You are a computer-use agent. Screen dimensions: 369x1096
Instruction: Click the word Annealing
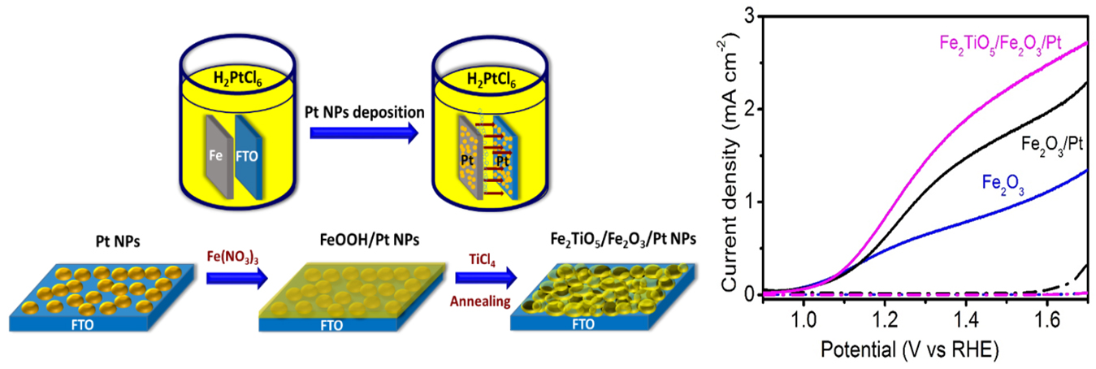click(x=480, y=302)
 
